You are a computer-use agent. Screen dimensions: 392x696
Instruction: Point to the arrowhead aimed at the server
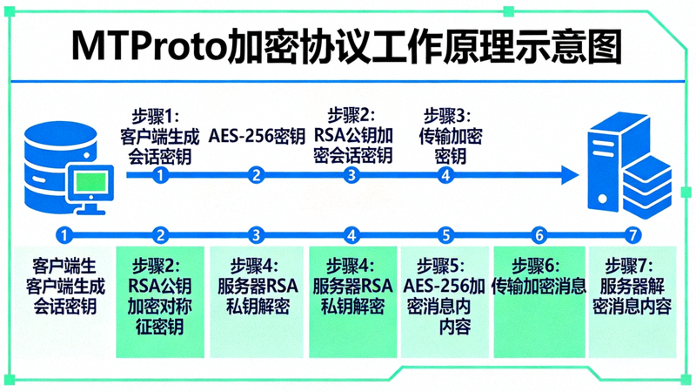(569, 175)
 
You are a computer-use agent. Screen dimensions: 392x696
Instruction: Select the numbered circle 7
(633, 234)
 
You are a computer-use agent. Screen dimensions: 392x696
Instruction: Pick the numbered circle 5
(445, 234)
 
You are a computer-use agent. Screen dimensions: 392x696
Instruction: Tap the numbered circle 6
(539, 234)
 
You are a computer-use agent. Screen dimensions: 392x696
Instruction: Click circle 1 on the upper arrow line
(159, 175)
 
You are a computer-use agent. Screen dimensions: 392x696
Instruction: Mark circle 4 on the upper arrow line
(445, 175)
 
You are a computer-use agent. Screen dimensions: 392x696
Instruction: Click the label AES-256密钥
(256, 136)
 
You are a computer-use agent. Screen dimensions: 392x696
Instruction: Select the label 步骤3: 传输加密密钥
(451, 136)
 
